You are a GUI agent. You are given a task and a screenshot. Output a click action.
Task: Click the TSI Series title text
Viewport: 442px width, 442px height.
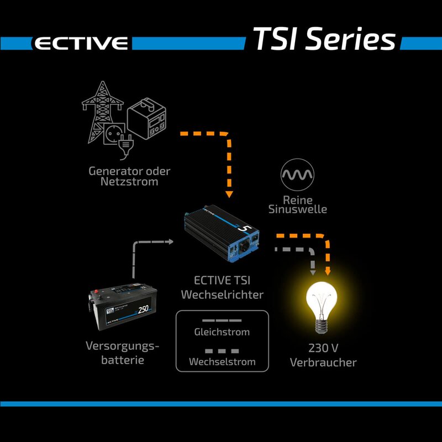(x=324, y=39)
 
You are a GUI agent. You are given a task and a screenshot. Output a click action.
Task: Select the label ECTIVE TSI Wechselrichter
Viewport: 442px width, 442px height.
(x=222, y=288)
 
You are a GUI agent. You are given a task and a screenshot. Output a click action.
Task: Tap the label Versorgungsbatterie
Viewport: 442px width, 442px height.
(x=122, y=353)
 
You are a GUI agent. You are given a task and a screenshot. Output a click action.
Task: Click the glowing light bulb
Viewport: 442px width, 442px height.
(x=322, y=304)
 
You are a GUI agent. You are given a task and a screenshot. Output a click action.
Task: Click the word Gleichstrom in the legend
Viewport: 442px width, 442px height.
(x=222, y=332)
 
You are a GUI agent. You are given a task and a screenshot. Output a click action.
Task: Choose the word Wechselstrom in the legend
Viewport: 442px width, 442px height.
(x=222, y=362)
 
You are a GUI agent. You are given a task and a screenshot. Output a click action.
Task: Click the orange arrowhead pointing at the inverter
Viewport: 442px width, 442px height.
(x=229, y=194)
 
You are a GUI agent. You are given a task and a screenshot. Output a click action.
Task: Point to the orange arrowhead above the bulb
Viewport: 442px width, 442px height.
(x=328, y=271)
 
